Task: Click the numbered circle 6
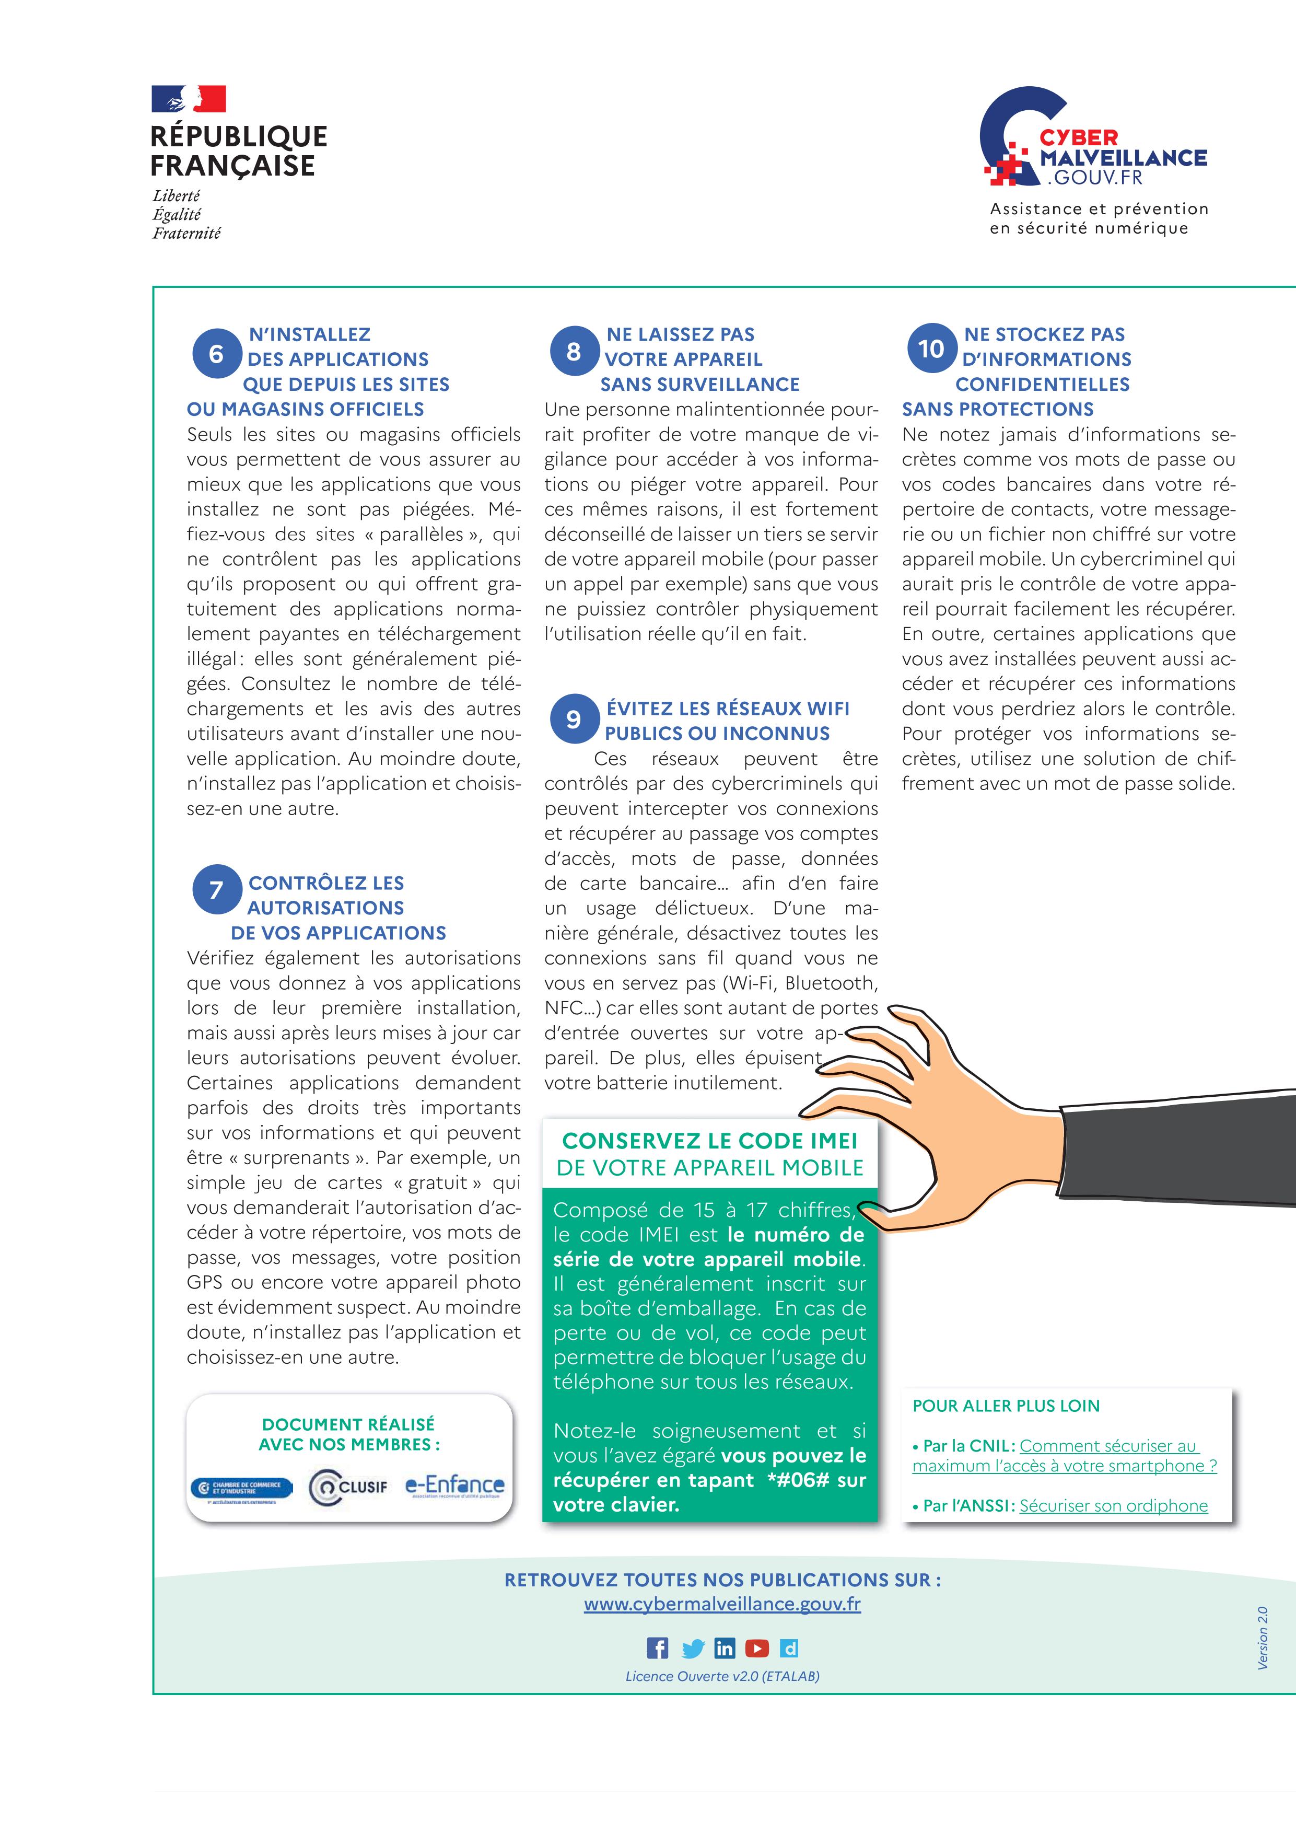pos(216,354)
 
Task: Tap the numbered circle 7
pos(216,889)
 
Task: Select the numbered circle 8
pos(574,351)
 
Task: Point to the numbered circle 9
pos(574,718)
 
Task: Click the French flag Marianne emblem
pos(189,99)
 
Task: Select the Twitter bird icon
pos(693,1649)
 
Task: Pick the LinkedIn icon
pos(725,1648)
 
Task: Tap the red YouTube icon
pos(756,1648)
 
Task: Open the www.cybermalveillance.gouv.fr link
pos(722,1604)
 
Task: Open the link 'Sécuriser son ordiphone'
pos(1113,1506)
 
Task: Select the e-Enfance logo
pos(455,1486)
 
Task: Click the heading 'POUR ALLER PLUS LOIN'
pos(1006,1406)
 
